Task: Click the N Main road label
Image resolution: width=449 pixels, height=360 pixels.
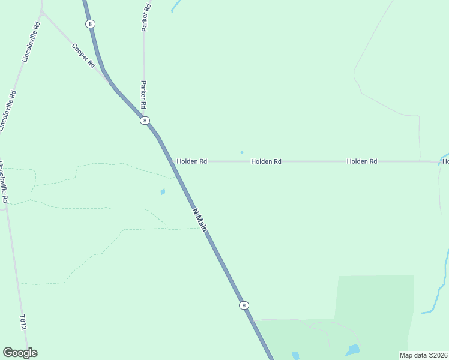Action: tap(200, 219)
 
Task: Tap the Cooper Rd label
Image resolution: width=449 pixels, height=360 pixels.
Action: tap(83, 55)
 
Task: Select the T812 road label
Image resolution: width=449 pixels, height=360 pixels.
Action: tap(23, 322)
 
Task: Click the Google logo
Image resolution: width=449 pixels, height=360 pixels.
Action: tap(20, 353)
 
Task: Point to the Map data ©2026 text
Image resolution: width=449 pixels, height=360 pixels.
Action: tap(423, 355)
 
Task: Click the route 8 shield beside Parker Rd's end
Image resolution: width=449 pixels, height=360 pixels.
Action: tap(145, 121)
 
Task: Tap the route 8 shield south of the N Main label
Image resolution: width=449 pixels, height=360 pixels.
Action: tap(243, 305)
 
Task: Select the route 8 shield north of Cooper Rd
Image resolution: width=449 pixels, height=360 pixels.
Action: tap(89, 24)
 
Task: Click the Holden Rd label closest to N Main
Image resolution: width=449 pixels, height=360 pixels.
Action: tap(192, 161)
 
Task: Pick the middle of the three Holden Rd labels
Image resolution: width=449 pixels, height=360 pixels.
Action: tap(267, 161)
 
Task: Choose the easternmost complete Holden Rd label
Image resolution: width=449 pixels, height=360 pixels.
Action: tap(362, 161)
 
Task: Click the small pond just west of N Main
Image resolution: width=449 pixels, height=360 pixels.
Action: tap(163, 192)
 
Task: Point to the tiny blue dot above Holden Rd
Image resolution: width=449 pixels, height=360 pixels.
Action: tap(241, 152)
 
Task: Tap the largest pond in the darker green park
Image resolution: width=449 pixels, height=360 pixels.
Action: tap(354, 349)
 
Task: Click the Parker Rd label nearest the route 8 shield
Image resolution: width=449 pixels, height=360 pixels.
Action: tap(143, 95)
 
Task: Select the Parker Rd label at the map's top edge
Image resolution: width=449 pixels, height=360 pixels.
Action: tap(146, 17)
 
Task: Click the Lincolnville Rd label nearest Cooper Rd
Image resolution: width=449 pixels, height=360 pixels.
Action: tap(31, 42)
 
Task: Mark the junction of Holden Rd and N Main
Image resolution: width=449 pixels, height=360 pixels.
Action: tap(172, 161)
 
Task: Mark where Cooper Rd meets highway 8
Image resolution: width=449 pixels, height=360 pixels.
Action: tap(110, 81)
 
